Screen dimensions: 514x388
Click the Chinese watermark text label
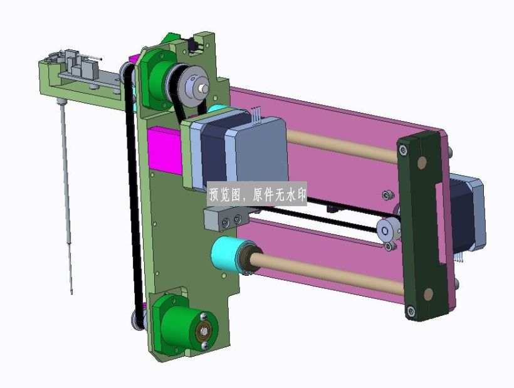(257, 195)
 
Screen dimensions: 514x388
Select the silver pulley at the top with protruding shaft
(196, 85)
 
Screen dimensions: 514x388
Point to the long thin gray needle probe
(66, 196)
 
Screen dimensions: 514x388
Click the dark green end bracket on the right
(423, 226)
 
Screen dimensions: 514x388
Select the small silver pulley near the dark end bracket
(388, 231)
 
